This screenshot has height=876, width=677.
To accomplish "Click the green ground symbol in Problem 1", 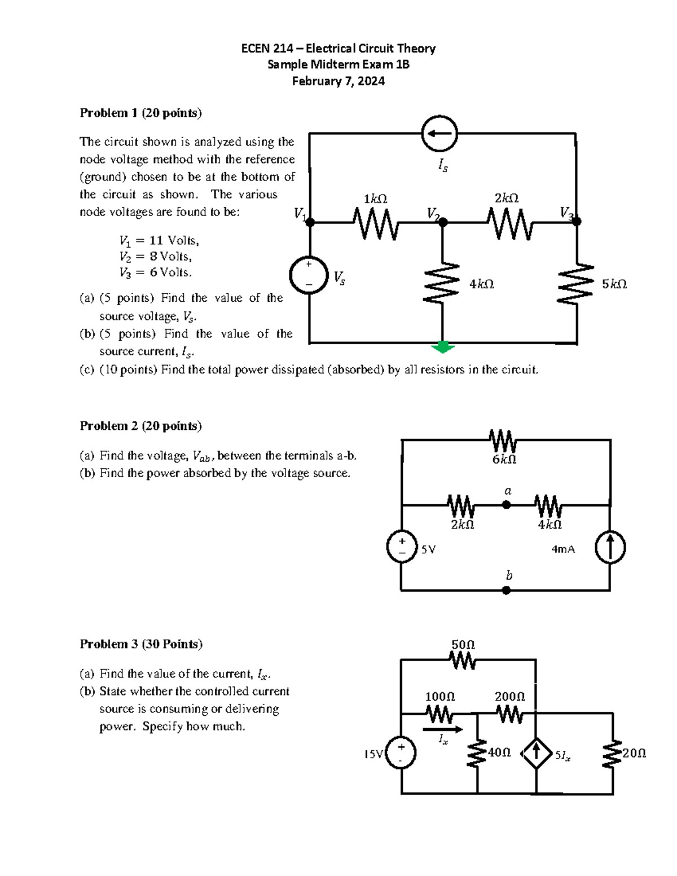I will point(443,347).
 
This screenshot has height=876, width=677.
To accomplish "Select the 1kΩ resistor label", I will point(375,199).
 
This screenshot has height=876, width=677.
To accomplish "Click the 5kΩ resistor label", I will point(614,284).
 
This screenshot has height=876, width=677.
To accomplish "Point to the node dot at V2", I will point(443,222).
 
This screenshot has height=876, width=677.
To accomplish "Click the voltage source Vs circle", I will point(309,276).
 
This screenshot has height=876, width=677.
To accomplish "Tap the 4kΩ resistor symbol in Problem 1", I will point(442,283).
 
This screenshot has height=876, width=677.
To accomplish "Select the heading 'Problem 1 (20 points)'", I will point(140,113).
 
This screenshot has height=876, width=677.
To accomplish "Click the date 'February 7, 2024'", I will point(338,81).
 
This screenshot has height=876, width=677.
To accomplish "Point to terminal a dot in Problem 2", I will point(507,505).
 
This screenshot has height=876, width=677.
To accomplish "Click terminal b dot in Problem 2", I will point(507,590).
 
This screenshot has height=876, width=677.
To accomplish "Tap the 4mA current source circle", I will point(610,548).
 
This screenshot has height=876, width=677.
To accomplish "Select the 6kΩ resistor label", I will point(504,460).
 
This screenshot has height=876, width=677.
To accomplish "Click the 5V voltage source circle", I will point(402,548).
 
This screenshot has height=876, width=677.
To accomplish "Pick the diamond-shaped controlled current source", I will point(536,753).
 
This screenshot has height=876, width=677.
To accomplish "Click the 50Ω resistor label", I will point(463,644).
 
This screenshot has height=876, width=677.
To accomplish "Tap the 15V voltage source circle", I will point(401,754).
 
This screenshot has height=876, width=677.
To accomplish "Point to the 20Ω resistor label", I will point(634,753).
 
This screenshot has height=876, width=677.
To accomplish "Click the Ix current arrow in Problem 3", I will point(443,729).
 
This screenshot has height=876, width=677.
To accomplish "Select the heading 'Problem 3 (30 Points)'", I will point(141,644).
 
